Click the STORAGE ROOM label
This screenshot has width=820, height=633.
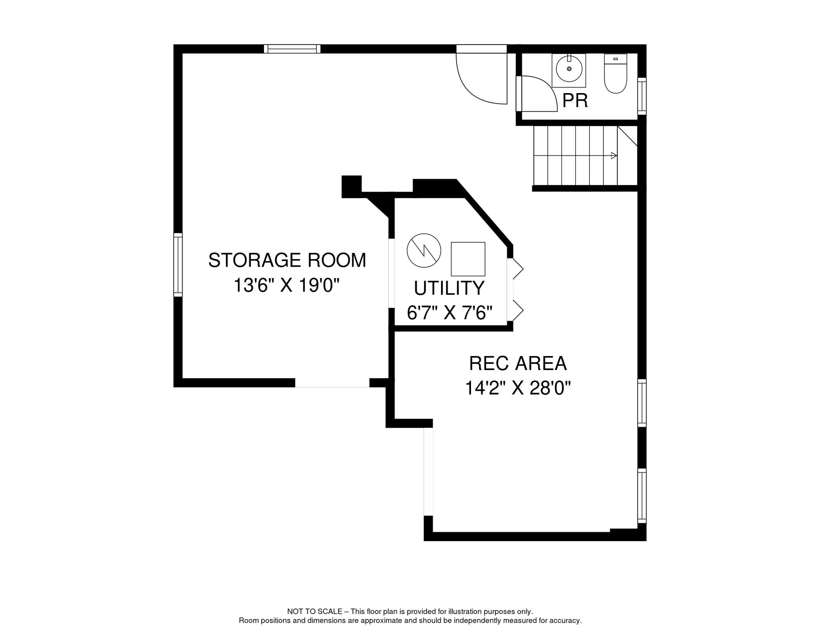click(x=287, y=260)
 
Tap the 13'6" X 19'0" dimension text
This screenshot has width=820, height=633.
click(x=286, y=285)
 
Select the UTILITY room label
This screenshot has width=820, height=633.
click(x=449, y=288)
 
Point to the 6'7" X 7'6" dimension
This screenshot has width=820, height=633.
click(x=450, y=313)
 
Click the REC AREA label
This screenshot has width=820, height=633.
click(x=518, y=363)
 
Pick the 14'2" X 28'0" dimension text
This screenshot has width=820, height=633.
click(x=518, y=388)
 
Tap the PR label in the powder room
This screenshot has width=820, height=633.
click(x=575, y=101)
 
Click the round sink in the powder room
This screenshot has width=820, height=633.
click(x=569, y=69)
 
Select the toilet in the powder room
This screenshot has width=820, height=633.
click(x=615, y=74)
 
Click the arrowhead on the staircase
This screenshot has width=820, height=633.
click(x=614, y=156)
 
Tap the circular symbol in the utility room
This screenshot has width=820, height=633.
click(x=424, y=251)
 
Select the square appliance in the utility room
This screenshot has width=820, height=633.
click(x=468, y=259)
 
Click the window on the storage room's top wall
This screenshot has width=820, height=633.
click(x=292, y=49)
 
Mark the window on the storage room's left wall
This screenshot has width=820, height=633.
click(x=178, y=265)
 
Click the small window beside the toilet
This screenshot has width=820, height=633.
click(x=642, y=96)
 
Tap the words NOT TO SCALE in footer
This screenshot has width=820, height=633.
click(x=314, y=612)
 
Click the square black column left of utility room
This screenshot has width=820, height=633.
click(x=351, y=186)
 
